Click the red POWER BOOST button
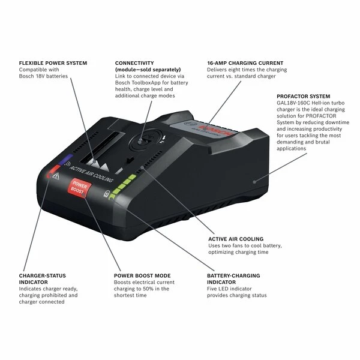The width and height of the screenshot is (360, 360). (79, 188)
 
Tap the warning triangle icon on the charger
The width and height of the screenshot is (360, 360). (56, 176)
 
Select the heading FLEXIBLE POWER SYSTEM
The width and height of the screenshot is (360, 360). (53, 63)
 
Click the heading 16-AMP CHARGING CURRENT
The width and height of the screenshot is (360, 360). (245, 63)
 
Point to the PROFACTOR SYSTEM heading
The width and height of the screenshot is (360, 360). (303, 97)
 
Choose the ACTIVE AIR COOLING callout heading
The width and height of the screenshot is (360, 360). (236, 239)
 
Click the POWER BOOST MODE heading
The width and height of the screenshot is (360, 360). (142, 276)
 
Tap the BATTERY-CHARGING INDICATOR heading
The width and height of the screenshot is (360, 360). (233, 279)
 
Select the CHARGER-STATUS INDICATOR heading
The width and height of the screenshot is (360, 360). (43, 279)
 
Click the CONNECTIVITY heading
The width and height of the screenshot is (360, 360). (134, 63)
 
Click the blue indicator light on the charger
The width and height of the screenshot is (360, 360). (65, 160)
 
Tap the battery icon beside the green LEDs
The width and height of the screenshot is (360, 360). (106, 194)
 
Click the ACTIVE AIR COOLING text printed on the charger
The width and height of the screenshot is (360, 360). (91, 174)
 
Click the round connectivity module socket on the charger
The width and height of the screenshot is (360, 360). (145, 139)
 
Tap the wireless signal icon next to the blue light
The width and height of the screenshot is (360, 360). (67, 164)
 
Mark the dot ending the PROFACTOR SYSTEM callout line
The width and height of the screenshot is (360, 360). (254, 182)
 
